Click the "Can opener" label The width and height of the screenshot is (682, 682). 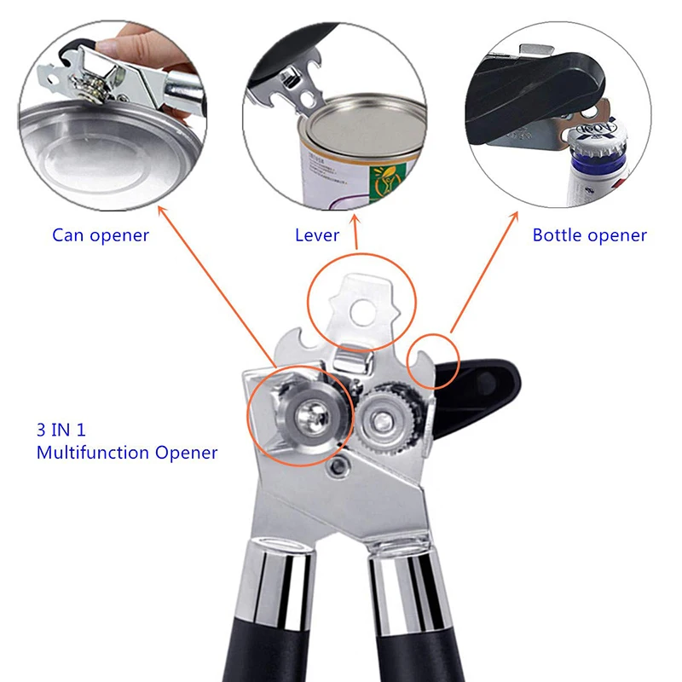click(x=101, y=235)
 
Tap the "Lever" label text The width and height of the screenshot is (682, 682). click(x=317, y=235)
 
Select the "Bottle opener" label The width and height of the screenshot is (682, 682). click(x=590, y=235)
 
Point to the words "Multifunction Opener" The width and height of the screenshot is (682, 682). click(x=127, y=453)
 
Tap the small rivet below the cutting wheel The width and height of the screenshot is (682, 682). click(x=342, y=465)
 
